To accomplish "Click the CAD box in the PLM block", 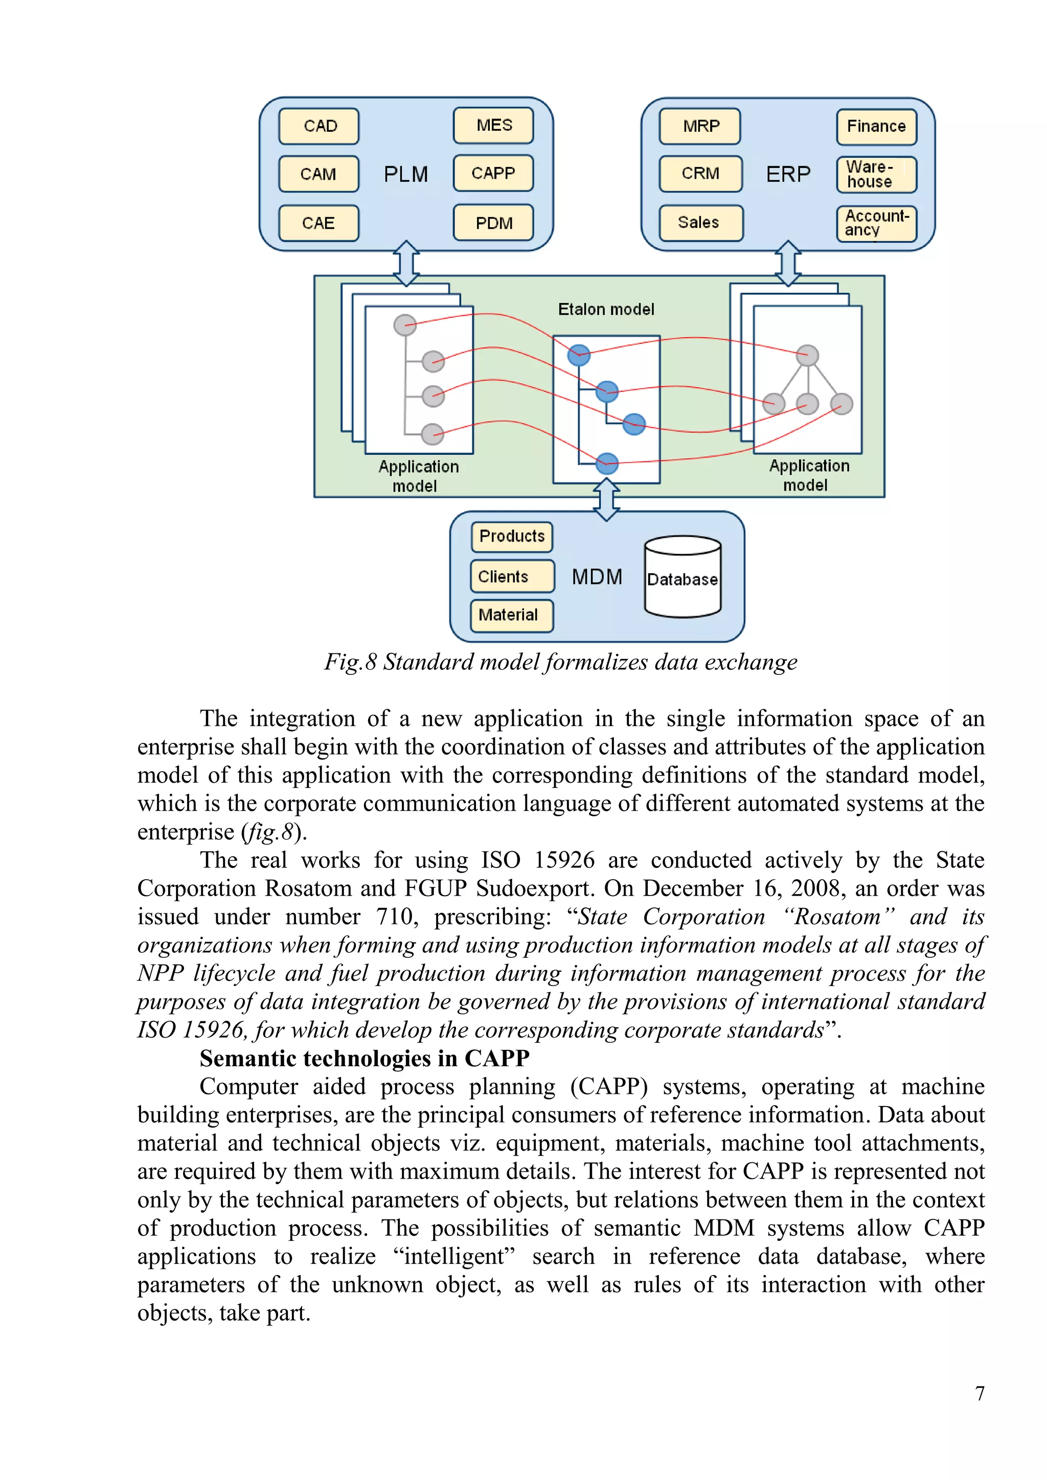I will [x=318, y=126].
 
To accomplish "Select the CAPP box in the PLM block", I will [x=493, y=173].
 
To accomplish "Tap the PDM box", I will [x=493, y=223].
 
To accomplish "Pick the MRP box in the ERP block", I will [x=700, y=126].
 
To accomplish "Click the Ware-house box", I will [x=876, y=175].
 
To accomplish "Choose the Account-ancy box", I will [x=876, y=223].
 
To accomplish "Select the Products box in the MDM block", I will [x=512, y=536].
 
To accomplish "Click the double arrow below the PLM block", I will [x=406, y=263].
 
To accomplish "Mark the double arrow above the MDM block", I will [x=606, y=499].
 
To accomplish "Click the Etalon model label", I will [x=606, y=310].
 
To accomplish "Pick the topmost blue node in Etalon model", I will [x=579, y=355].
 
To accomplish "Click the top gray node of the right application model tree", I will [x=807, y=355].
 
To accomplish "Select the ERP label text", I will [x=788, y=174].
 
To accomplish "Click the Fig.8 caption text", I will [x=561, y=662].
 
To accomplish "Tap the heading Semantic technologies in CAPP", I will [x=365, y=1059].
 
